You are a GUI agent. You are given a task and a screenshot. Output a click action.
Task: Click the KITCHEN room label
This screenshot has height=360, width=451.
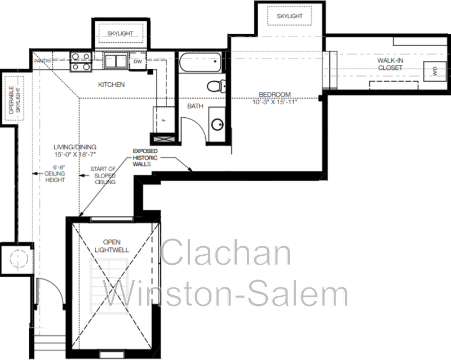point(111,85)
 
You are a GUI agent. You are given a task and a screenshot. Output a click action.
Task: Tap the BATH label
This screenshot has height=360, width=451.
point(195,105)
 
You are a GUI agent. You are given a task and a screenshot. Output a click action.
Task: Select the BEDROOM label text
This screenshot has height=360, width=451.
point(275,94)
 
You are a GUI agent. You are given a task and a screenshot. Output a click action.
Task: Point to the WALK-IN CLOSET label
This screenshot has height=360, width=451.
point(390,64)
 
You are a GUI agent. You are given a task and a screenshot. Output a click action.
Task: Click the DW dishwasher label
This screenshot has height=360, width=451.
point(137,61)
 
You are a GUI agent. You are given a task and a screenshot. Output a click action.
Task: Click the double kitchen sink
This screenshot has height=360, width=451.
point(117,61)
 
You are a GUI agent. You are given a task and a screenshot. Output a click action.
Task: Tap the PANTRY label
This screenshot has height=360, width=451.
point(43,60)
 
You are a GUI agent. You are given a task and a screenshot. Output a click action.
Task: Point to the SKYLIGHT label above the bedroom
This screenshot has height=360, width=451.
point(289,16)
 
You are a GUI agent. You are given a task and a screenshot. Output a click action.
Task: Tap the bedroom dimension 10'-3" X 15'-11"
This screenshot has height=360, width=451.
point(275,102)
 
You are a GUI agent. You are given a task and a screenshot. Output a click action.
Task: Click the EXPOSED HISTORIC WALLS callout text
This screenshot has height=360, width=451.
point(146,157)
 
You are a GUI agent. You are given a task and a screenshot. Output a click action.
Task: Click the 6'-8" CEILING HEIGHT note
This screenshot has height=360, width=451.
point(55,174)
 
